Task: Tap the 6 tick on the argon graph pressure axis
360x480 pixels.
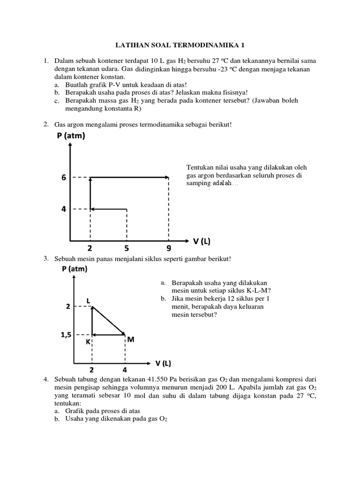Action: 63,178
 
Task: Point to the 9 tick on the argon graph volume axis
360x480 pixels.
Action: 169,248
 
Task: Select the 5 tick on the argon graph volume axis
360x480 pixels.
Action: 127,248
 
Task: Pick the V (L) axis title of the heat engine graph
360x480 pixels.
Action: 164,364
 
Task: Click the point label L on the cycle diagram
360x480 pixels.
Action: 88,300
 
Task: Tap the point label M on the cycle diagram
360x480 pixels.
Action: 131,339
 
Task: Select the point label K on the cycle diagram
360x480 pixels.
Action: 88,343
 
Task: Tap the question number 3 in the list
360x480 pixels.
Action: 46,258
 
